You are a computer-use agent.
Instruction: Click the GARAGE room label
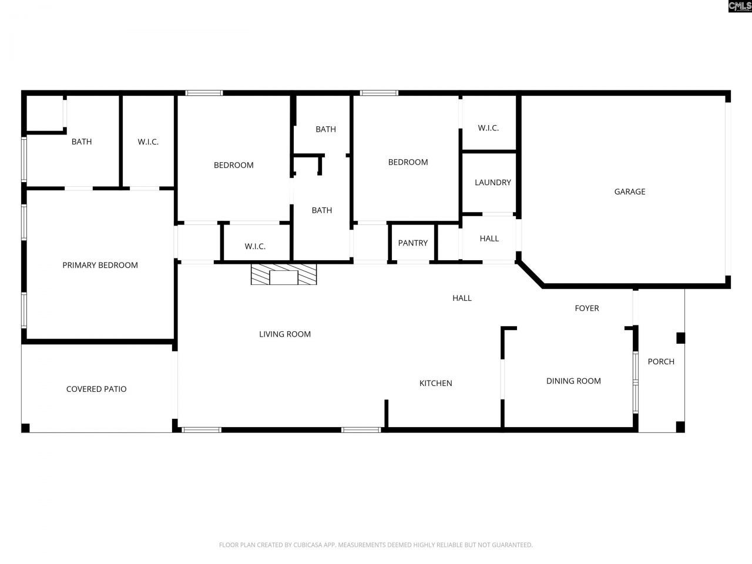pyautogui.click(x=629, y=192)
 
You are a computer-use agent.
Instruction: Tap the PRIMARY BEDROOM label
pyautogui.click(x=100, y=265)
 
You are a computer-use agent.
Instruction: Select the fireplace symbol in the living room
pyautogui.click(x=284, y=275)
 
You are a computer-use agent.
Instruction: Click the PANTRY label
pyautogui.click(x=412, y=243)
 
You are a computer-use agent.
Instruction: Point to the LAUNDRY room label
pyautogui.click(x=492, y=183)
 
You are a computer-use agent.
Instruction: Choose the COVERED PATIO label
pyautogui.click(x=96, y=389)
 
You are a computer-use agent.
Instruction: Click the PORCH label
pyautogui.click(x=661, y=361)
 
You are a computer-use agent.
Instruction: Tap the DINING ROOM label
pyautogui.click(x=573, y=381)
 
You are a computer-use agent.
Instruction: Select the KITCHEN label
pyautogui.click(x=435, y=383)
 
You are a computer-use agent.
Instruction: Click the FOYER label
pyautogui.click(x=586, y=308)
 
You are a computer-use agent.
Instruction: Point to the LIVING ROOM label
pyautogui.click(x=285, y=334)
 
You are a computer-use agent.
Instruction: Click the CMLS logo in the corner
pyautogui.click(x=739, y=6)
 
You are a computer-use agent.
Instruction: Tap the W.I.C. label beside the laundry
pyautogui.click(x=488, y=128)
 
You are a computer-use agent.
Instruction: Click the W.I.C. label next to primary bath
pyautogui.click(x=148, y=142)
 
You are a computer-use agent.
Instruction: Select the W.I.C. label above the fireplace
pyautogui.click(x=255, y=246)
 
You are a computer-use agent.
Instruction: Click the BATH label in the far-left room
pyautogui.click(x=82, y=142)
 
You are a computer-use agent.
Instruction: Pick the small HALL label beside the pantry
pyautogui.click(x=489, y=239)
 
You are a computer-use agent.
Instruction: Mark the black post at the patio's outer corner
pyautogui.click(x=25, y=428)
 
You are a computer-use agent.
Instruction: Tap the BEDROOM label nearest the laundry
pyautogui.click(x=408, y=162)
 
